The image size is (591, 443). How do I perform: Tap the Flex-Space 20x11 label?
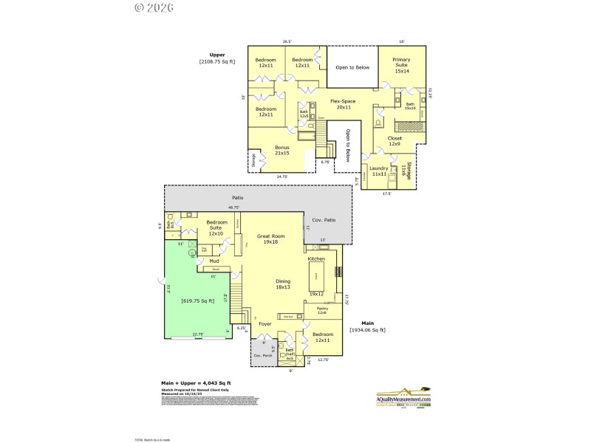pos(343,104)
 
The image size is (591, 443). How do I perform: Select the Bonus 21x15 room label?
pos(281,150)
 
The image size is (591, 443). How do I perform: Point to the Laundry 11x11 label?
pos(379,171)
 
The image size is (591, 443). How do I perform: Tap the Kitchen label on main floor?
pos(316,258)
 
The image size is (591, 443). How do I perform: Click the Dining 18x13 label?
pos(282,284)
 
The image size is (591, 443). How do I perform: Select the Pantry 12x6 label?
pos(322,310)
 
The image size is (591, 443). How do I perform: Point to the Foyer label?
pos(264,323)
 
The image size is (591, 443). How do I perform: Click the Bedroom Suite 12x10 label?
pos(216,227)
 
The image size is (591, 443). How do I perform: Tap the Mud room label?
pos(214,261)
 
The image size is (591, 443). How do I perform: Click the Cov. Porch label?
pos(263,356)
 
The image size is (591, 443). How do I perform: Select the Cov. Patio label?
pos(324,220)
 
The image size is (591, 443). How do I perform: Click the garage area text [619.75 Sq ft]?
pos(198,301)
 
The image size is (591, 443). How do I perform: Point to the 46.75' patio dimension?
pos(234,207)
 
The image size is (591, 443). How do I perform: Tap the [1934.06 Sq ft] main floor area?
pos(367,330)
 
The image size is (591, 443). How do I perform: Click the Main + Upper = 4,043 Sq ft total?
pos(196,383)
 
